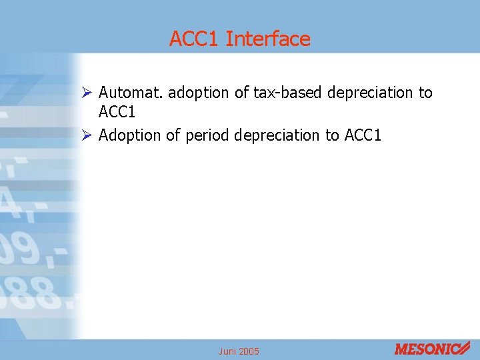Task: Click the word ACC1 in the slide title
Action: pos(194,39)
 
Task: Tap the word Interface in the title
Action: pos(268,39)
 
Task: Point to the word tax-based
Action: pos(285,93)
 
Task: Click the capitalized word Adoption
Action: pos(130,135)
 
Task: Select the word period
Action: pos(207,135)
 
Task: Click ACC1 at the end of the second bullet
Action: pos(363,135)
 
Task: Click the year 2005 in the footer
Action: pos(250,351)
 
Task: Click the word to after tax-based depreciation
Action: pos(425,93)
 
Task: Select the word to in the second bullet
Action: pos(332,135)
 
